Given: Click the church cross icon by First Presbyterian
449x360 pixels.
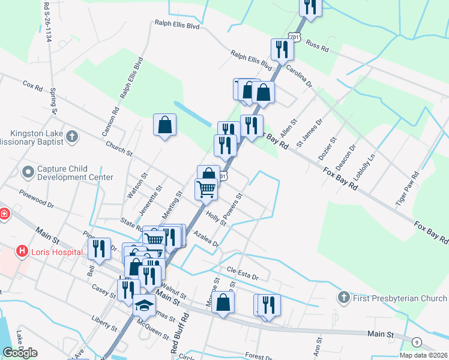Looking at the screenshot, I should pos(343,297).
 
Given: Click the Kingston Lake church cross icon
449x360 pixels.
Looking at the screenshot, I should pos(71,137).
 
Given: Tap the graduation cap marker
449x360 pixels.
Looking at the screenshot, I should pos(144,306).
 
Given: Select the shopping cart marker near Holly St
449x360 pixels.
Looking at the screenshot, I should pos(206,190).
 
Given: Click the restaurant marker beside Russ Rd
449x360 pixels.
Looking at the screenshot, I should pos(282,50).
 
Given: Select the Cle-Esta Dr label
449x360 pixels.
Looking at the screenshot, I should pos(243,273).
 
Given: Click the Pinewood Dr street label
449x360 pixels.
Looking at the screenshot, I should pos(36,199).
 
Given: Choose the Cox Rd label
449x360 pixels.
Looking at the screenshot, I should pos(33,86).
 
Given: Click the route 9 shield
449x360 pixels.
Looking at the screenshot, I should pos(417,342).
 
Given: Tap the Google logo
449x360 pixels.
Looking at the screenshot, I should pos(20,353).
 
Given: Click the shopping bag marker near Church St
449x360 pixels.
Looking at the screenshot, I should pos(164,125).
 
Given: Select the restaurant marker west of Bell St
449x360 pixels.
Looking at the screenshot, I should pos(99,249).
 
